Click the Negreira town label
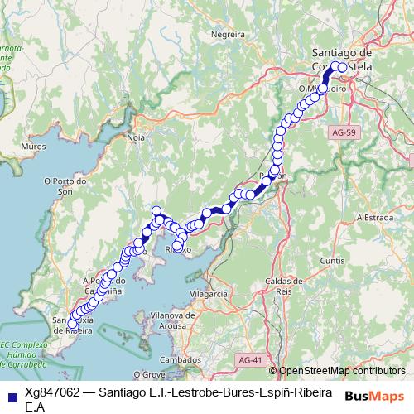(228, 35)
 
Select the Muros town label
(34, 146)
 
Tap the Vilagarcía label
(208, 294)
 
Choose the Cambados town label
(179, 360)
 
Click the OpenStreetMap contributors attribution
(341, 371)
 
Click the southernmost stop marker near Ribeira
(73, 323)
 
